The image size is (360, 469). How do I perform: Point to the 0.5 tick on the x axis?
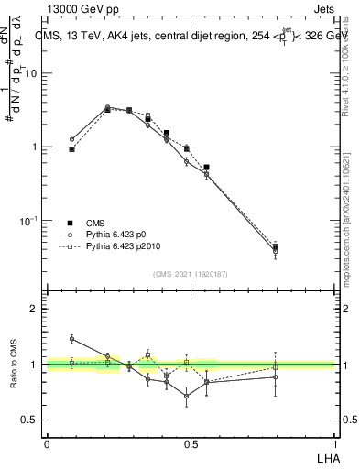(191, 443)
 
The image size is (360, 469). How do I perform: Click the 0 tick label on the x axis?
(47, 443)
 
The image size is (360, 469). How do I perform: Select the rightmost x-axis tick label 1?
(334, 443)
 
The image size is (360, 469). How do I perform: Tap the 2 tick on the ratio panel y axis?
(35, 309)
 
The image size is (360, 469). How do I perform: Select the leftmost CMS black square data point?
(72, 148)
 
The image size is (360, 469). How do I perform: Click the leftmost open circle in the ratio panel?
(72, 339)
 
